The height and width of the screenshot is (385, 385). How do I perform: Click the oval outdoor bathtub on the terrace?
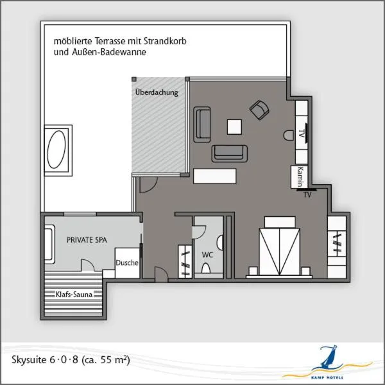point(56,150)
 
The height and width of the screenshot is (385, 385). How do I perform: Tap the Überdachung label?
point(157,92)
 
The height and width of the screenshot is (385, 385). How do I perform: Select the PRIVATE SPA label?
point(87,240)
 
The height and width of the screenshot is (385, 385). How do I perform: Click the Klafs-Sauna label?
point(74,294)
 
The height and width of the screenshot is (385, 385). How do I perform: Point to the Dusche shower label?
point(127,262)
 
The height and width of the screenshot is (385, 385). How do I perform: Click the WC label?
point(207,255)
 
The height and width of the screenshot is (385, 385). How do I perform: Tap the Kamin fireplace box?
point(299,177)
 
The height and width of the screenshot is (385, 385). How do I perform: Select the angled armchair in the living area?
point(259,110)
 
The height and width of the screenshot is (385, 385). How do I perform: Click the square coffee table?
point(234,126)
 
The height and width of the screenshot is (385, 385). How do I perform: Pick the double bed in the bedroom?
point(279,246)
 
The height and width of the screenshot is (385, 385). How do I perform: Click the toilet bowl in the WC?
point(206,268)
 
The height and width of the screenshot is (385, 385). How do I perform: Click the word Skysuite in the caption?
point(30,360)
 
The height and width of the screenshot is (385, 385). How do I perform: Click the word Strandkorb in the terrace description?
point(165,41)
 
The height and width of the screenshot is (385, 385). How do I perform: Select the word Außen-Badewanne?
point(109,52)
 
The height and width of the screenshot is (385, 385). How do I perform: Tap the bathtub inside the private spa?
point(49,244)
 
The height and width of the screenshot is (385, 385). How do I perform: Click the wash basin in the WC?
point(219,243)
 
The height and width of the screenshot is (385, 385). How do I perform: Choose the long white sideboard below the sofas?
point(214,176)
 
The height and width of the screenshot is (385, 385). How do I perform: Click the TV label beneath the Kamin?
point(307,194)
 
